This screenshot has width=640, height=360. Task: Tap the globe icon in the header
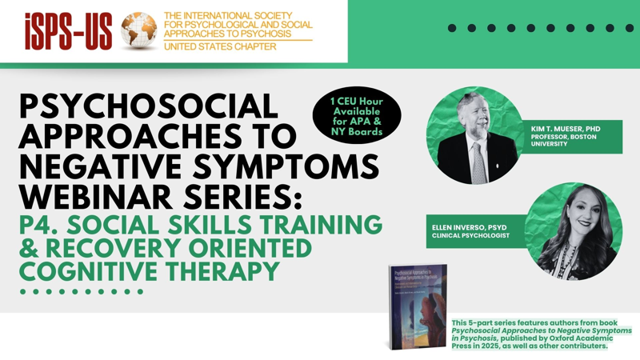[x=138, y=31]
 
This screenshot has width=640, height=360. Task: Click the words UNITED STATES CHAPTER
[x=219, y=47]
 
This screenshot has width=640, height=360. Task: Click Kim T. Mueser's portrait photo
[x=475, y=135]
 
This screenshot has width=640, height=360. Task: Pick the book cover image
[x=416, y=306]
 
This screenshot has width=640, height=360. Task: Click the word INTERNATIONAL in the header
[x=212, y=16]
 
